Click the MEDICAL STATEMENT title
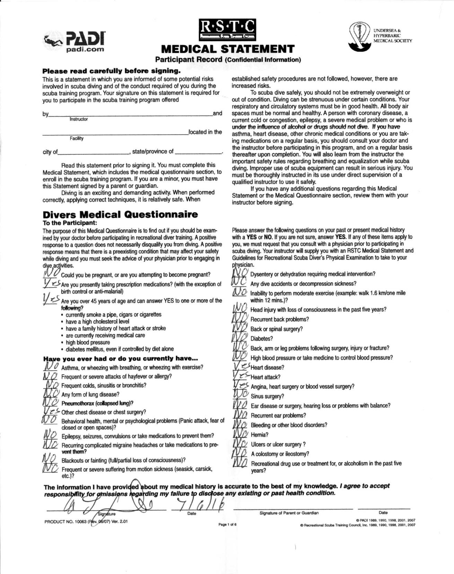pos(228,49)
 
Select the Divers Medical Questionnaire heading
pos(120,214)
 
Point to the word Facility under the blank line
pos(77,139)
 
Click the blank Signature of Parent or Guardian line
pos(293,508)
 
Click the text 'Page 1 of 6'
pos(227,524)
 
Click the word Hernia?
pos(260,434)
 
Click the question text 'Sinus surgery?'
pos(267,396)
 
